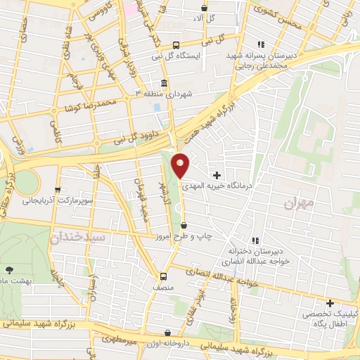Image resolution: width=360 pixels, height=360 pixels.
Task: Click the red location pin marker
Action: coord(181,165)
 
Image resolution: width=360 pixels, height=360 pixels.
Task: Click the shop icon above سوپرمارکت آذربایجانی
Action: coord(58,189)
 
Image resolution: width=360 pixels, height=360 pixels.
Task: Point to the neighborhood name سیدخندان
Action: coord(78,238)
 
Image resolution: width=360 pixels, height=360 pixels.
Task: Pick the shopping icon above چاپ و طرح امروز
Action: coord(184,226)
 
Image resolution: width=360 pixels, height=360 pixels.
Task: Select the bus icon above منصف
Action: coord(163,276)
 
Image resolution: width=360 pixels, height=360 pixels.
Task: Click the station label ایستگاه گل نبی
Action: coord(177,54)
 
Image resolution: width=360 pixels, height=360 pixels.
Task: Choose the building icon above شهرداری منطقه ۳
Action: coord(164,83)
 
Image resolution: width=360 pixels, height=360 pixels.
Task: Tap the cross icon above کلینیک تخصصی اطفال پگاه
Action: coord(330,303)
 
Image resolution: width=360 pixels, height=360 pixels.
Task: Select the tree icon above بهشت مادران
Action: coord(8,269)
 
